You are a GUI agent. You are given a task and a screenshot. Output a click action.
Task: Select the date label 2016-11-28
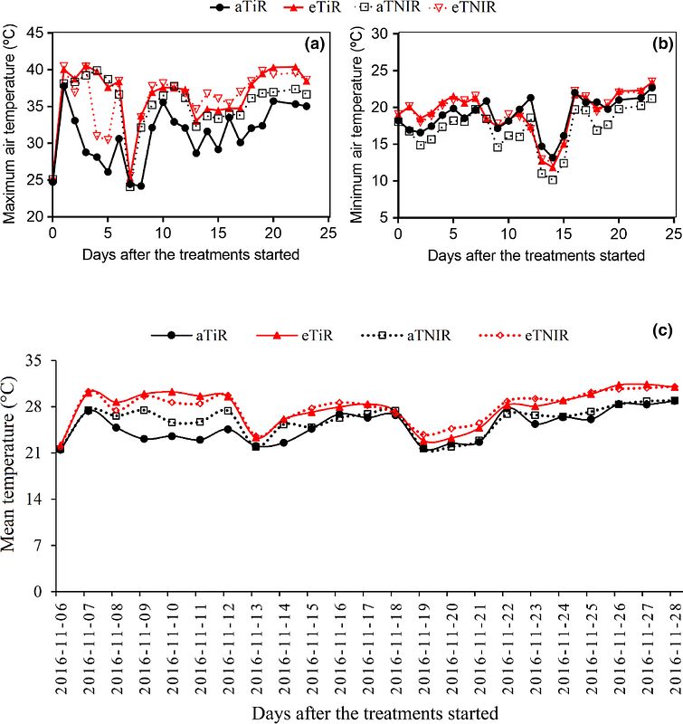[673, 642]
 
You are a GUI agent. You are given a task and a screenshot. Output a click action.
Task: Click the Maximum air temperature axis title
[11, 125]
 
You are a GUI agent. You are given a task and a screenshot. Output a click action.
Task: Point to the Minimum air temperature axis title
[356, 125]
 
